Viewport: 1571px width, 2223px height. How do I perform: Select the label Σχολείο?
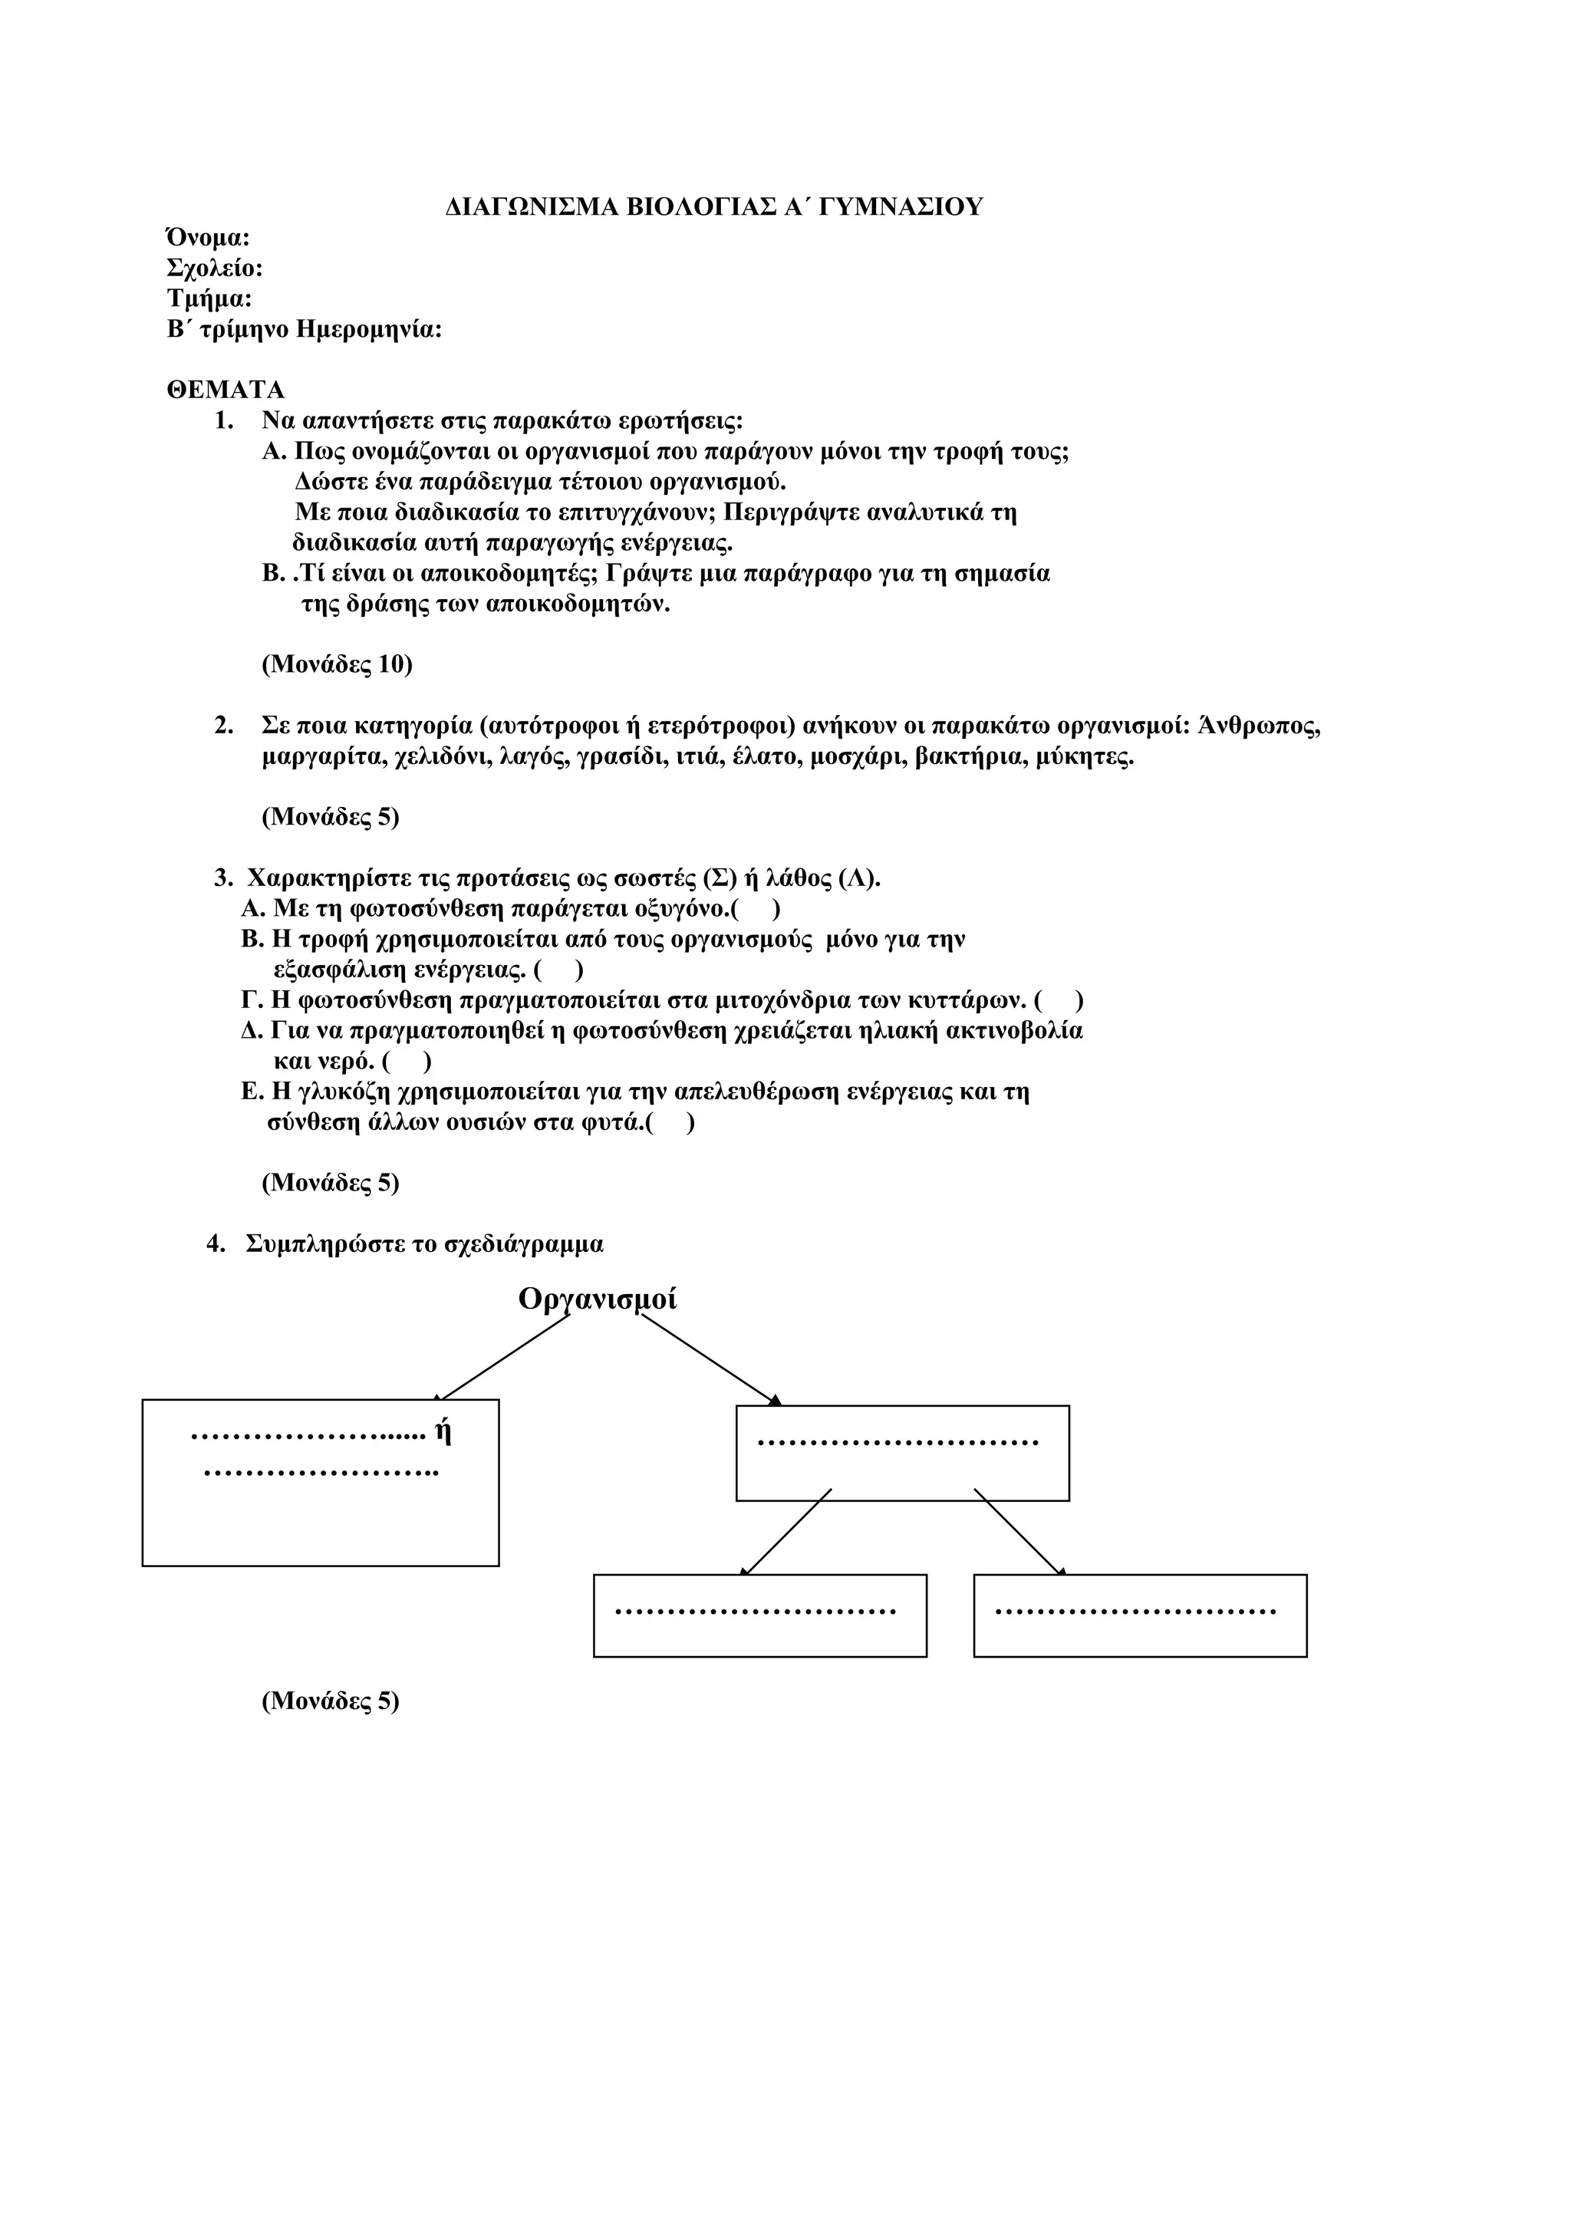coord(215,268)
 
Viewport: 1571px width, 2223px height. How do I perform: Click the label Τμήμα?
coord(209,298)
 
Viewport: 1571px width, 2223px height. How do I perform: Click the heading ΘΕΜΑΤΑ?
coord(226,390)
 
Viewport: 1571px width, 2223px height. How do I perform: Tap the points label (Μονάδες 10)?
coord(337,664)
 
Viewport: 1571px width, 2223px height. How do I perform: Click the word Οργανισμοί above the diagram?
coord(598,1299)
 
